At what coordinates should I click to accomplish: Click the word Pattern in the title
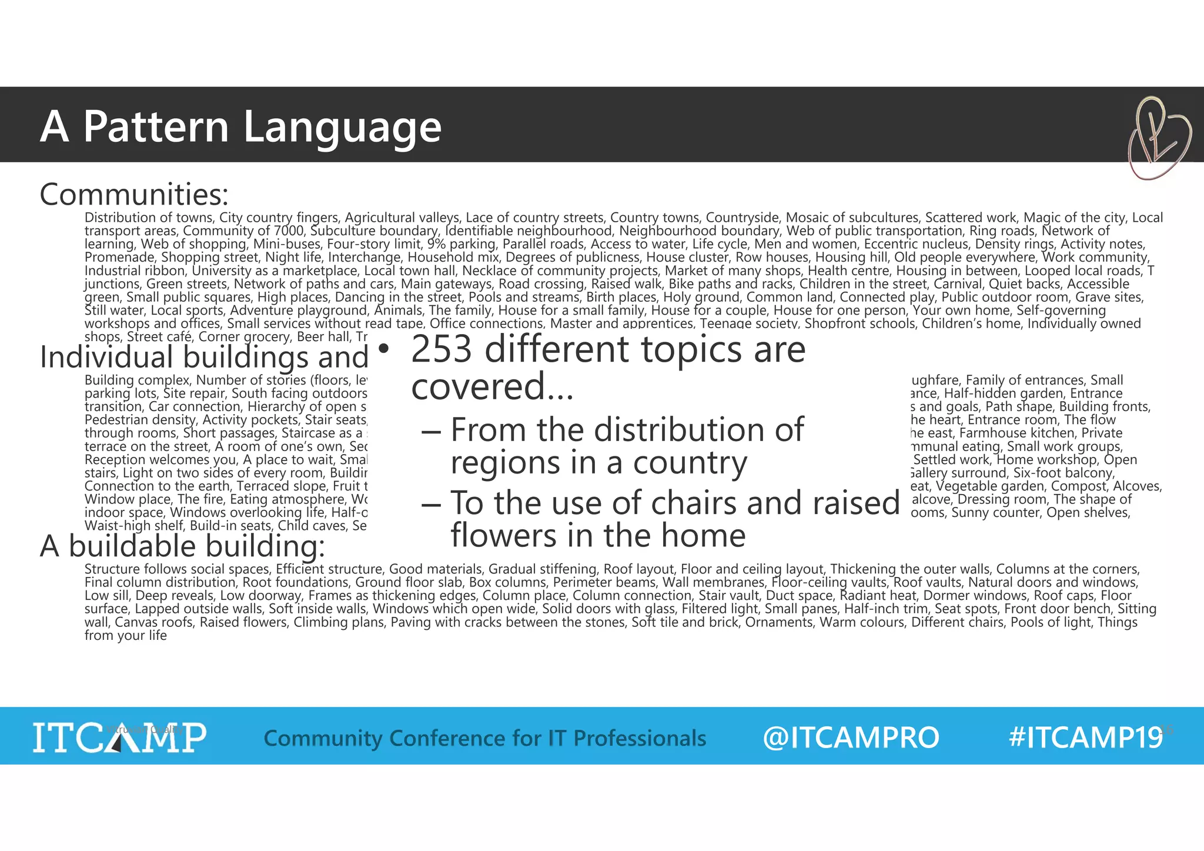click(x=156, y=126)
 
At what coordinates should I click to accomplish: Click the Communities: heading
click(x=134, y=194)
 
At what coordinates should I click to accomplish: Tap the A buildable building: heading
click(x=182, y=546)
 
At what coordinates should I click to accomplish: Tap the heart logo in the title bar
click(x=1158, y=138)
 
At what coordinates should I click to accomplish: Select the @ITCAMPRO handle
click(x=851, y=737)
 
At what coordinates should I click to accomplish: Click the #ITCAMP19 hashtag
click(x=1085, y=737)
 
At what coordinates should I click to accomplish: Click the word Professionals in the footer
click(x=639, y=738)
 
